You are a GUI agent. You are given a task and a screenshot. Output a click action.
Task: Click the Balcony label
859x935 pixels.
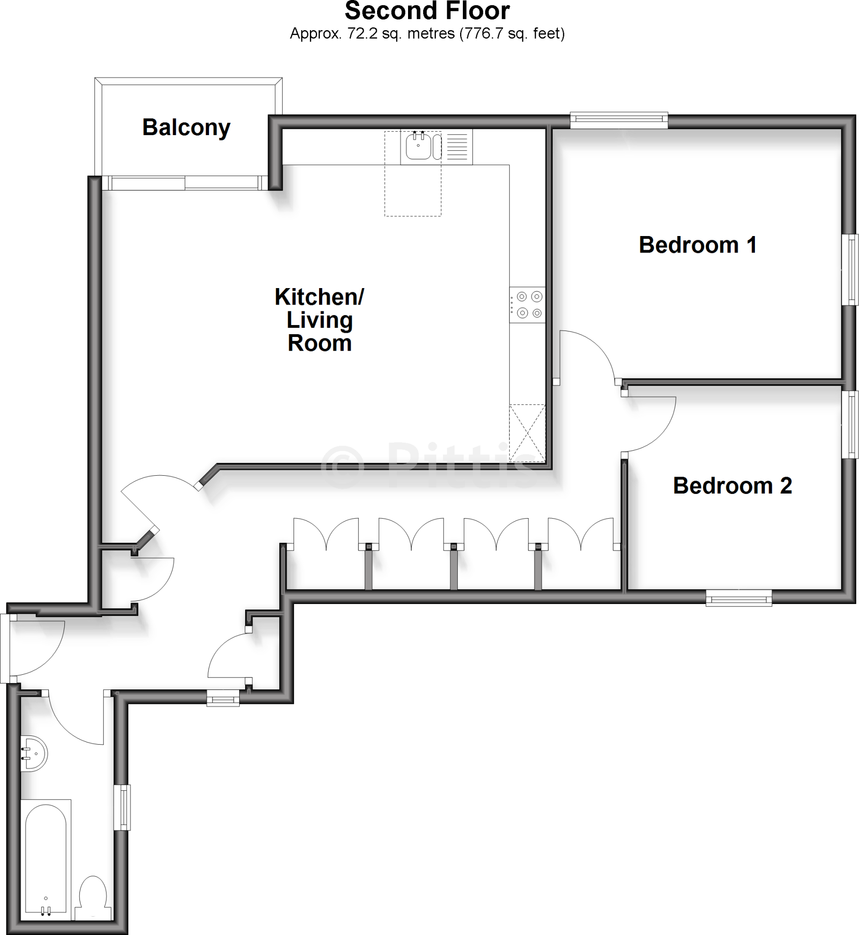tap(186, 127)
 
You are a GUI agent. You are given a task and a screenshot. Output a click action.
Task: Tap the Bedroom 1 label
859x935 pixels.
tap(697, 245)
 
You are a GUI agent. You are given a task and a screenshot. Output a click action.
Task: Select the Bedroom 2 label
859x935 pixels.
tap(732, 486)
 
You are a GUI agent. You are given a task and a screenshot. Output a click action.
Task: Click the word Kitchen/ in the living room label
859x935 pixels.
tap(320, 297)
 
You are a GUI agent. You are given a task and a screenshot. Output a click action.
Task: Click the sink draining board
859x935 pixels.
tap(457, 147)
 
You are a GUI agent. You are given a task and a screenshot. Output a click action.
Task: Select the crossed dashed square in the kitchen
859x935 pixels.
tap(528, 433)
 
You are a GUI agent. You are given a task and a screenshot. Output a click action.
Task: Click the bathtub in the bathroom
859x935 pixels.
tap(46, 860)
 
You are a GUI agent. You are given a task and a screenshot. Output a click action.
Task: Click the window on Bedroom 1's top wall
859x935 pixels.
tap(618, 121)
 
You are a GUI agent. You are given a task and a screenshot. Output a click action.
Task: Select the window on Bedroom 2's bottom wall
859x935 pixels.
tap(739, 598)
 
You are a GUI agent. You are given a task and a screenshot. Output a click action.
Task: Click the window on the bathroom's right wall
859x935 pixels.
tap(122, 807)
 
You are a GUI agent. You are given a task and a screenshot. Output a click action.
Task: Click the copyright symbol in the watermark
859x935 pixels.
tap(342, 467)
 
